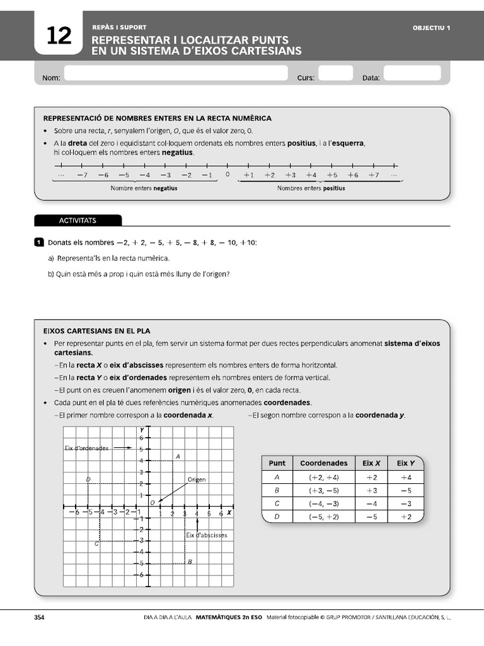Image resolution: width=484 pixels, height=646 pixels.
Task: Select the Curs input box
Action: tap(335, 74)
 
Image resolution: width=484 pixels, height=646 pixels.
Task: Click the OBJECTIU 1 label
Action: tap(432, 28)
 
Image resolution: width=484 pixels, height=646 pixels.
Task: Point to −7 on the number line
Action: tap(82, 175)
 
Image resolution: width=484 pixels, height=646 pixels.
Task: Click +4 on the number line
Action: tap(311, 175)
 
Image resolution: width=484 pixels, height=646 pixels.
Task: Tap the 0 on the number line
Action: tap(228, 175)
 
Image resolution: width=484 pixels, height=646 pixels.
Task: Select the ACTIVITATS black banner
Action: tap(78, 220)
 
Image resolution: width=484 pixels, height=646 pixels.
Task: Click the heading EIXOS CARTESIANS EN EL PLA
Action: tap(96, 331)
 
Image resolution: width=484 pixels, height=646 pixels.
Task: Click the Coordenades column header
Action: tap(323, 463)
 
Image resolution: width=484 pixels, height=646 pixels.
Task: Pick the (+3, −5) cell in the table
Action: tap(323, 490)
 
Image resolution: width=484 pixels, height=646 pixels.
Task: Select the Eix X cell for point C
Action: tap(371, 503)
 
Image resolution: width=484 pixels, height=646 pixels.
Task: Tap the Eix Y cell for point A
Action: tap(405, 478)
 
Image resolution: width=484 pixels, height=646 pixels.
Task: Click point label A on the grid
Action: tap(178, 456)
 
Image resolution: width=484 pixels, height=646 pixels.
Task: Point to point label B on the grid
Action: tap(190, 562)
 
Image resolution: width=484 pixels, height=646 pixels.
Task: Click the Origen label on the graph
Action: tap(197, 479)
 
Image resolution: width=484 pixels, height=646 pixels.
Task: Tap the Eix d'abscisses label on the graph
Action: tap(206, 535)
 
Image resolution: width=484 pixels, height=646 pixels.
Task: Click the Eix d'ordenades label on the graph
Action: tap(87, 448)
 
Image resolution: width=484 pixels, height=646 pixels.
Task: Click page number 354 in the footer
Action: tap(39, 618)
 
